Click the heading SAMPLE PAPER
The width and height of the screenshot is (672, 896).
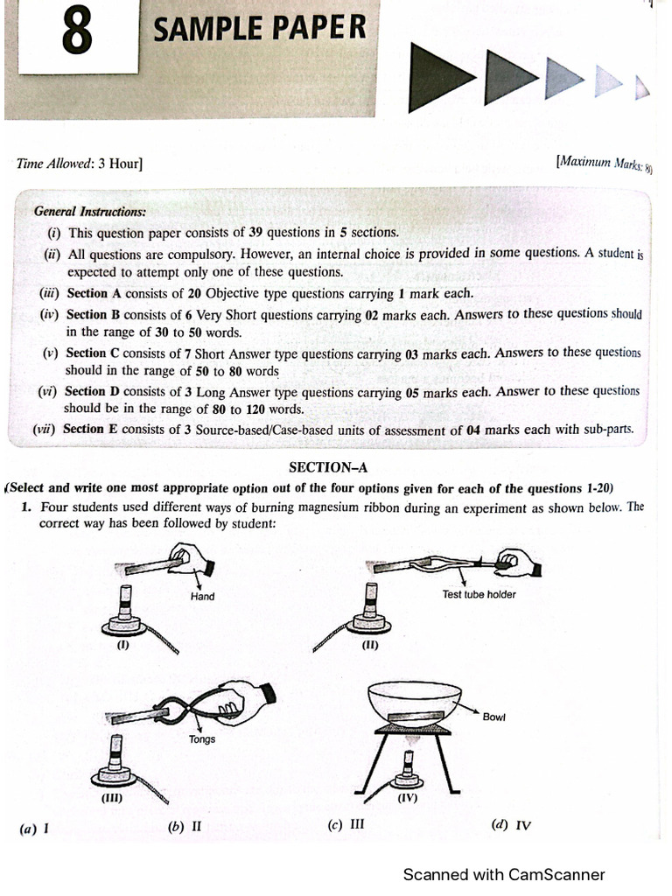point(260,31)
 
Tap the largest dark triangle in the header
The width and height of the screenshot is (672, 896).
point(442,78)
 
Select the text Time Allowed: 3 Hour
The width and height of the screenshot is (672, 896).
point(80,164)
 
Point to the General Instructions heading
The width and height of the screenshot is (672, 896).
point(89,212)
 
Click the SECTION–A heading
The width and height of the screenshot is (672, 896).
point(329,468)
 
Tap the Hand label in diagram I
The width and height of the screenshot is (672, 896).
point(202,596)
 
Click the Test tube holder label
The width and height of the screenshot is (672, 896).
point(479,594)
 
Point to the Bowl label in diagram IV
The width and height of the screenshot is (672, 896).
point(493,717)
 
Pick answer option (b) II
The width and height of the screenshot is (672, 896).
point(185,826)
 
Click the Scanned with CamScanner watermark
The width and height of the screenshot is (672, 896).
point(503,874)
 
